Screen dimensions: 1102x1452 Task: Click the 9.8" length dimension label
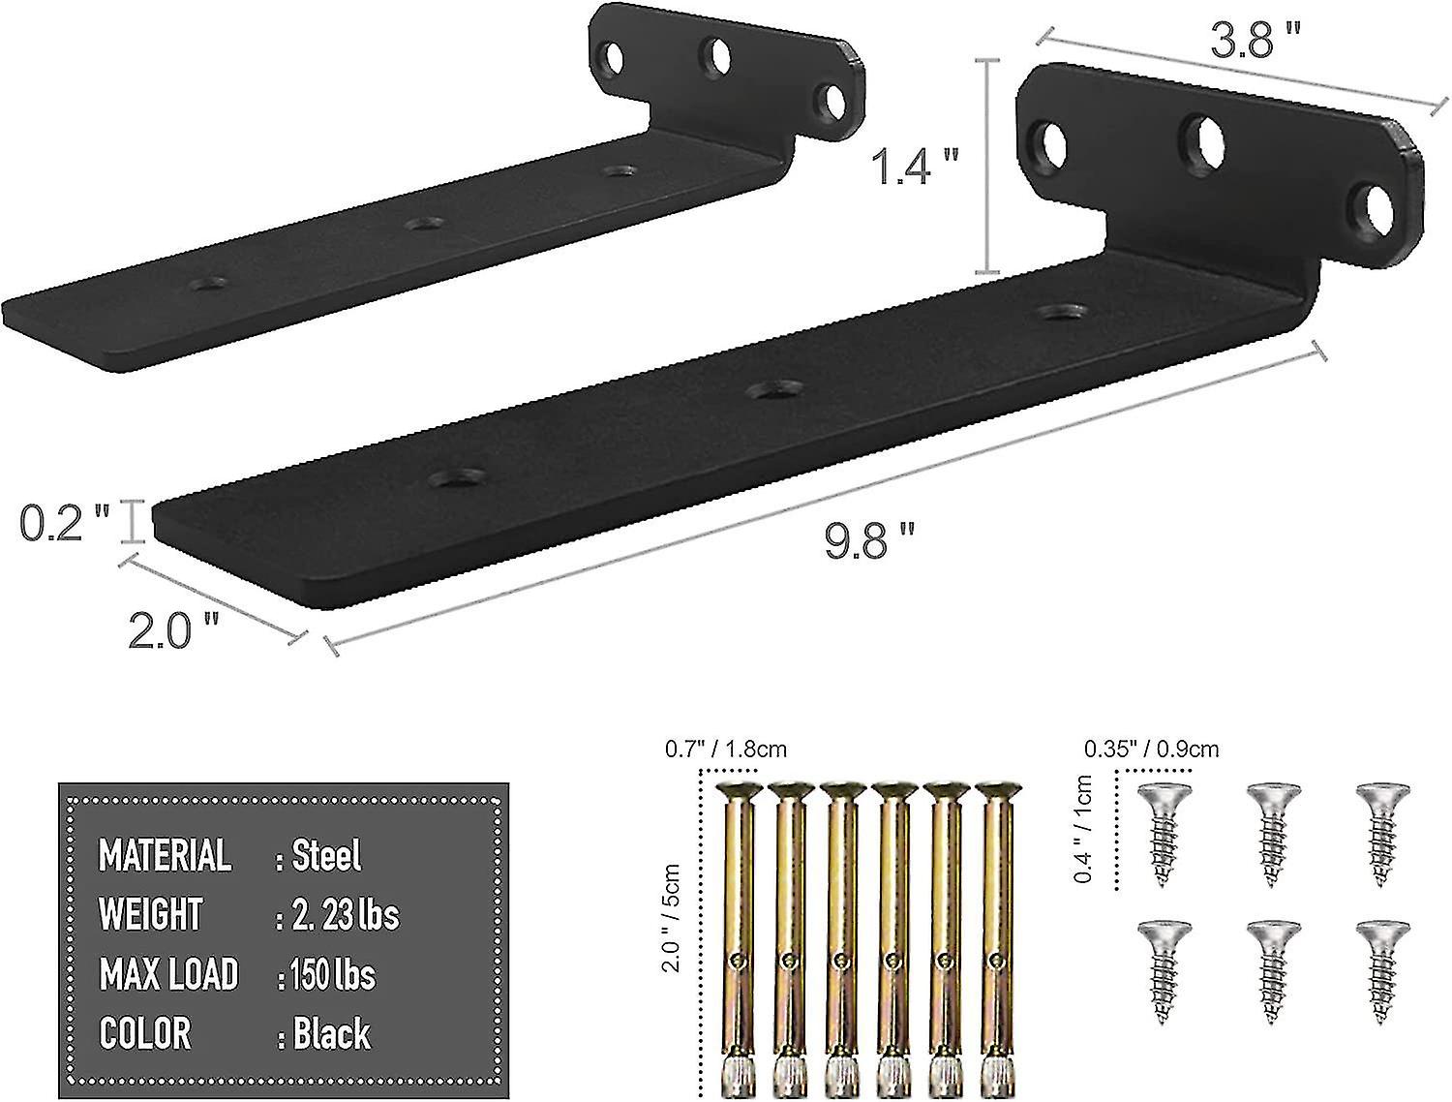pos(868,540)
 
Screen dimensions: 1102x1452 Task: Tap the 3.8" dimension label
pos(1255,42)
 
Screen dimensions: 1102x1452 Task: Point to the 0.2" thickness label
pos(64,523)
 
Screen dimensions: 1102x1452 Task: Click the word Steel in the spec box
pos(326,856)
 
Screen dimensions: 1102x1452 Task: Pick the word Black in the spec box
pos(331,1033)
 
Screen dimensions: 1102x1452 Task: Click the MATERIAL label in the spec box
pos(165,856)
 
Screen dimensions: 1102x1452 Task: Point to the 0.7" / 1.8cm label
pos(725,749)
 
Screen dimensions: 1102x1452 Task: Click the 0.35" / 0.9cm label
pos(1151,749)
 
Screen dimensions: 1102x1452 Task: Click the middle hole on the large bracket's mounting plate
pos(1202,140)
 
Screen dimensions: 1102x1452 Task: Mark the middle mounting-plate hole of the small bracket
pos(716,57)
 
